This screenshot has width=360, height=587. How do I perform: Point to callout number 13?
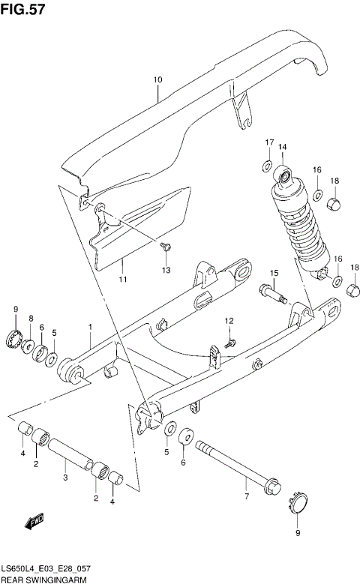click(x=166, y=269)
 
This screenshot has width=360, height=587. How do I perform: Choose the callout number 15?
click(x=274, y=272)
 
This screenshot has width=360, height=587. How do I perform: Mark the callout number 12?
click(x=229, y=321)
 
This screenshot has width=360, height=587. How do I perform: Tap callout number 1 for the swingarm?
click(x=89, y=327)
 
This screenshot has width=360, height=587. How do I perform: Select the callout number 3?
click(x=66, y=476)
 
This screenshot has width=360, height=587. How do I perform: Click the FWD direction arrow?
click(x=34, y=520)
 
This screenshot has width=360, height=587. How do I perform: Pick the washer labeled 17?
click(x=268, y=164)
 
